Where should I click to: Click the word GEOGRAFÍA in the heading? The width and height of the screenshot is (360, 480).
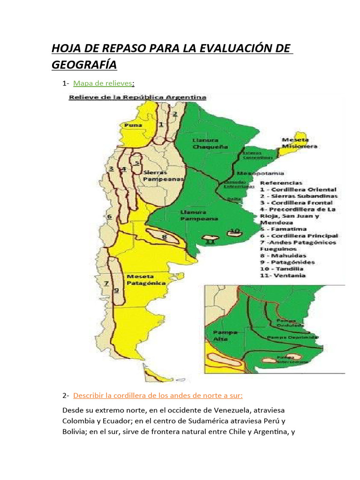tap(84, 64)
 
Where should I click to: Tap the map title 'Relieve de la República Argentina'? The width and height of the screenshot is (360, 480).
tap(138, 97)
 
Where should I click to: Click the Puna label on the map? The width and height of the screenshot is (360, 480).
tap(133, 126)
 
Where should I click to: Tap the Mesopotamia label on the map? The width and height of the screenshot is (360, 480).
tap(256, 172)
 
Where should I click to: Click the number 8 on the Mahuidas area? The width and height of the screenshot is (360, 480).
tap(164, 237)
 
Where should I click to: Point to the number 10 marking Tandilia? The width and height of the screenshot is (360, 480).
tap(235, 230)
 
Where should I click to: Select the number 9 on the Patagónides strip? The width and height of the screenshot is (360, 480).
tap(116, 290)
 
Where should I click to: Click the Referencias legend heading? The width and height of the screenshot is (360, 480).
tap(281, 183)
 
